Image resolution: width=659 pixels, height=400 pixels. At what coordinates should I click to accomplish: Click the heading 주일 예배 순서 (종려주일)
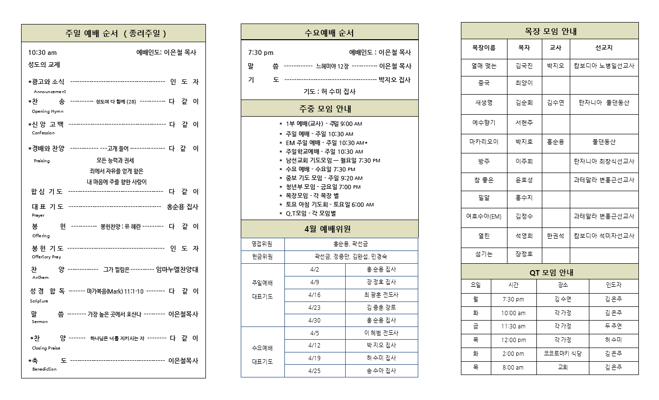116,33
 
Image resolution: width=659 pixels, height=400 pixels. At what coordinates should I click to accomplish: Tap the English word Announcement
50,92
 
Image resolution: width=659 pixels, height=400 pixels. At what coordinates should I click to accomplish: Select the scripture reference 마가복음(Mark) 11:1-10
115,291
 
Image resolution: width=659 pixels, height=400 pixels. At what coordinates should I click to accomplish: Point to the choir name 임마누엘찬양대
177,269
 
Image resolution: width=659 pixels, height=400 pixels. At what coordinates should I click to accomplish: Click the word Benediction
45,369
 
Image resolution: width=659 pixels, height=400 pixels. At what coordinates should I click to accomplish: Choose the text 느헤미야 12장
332,66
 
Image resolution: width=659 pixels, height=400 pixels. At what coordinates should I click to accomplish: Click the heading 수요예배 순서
329,33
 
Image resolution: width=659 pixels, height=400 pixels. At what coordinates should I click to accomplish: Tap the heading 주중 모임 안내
329,109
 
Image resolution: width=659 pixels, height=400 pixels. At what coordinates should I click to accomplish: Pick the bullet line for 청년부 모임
323,187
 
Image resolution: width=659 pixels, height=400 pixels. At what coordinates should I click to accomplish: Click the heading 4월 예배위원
329,229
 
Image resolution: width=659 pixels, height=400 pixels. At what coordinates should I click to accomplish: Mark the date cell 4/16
314,295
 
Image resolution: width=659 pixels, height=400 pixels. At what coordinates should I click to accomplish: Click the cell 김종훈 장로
381,307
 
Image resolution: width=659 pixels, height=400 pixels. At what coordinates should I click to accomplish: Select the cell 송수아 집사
381,371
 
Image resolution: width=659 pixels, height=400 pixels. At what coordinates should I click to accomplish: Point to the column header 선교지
604,48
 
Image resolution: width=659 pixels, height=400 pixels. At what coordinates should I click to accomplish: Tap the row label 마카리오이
483,142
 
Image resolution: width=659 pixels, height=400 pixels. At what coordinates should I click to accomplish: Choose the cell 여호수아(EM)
483,216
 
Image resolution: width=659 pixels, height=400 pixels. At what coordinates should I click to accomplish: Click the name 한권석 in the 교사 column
555,236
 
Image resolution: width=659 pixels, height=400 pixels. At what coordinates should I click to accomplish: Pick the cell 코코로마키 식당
562,353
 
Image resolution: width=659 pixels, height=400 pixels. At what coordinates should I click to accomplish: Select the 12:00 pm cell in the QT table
513,340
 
